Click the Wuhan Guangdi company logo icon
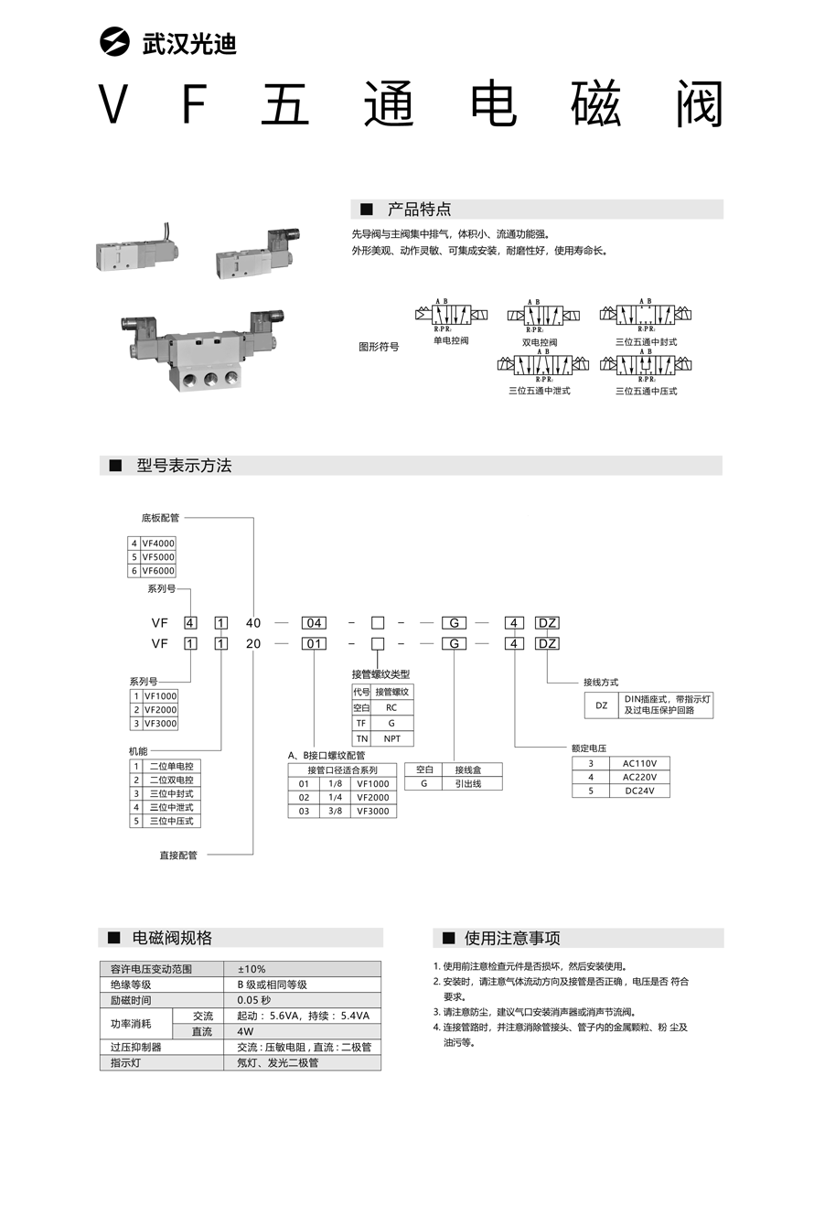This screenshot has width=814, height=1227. pos(117,42)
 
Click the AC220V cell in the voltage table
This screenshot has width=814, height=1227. pos(646,777)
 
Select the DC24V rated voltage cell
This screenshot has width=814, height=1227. pos(646,791)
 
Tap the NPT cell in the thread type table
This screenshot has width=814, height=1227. pos(391,737)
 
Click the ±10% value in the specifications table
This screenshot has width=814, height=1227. pos(252,969)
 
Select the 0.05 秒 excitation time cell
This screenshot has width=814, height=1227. pos(253,1000)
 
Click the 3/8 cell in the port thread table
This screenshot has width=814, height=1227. pos(335,811)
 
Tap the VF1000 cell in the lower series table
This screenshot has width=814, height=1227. pos(159,696)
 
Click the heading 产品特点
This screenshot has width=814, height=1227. pos(419,210)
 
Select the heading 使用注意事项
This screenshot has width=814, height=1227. pos(512,938)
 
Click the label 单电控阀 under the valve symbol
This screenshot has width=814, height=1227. pos(451,340)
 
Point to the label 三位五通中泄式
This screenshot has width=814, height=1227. pos(539,391)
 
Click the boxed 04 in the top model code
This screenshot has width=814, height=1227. pos(314,623)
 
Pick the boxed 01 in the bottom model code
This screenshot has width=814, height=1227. pos(314,643)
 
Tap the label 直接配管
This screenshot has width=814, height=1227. pos(178,856)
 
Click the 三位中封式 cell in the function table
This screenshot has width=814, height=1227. pos(171,793)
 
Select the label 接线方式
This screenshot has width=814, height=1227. pos(601,683)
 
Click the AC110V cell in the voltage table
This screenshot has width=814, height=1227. pos(646,763)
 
